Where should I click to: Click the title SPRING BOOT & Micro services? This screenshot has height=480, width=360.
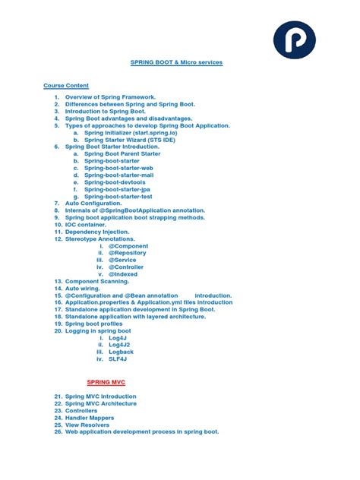(176, 62)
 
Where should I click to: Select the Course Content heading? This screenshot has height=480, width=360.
(66, 86)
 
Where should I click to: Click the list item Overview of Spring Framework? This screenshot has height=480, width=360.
(110, 97)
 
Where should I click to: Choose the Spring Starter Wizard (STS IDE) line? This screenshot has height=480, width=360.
(131, 140)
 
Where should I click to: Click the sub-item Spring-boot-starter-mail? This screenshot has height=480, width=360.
(118, 175)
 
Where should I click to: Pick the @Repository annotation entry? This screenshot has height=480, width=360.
(128, 253)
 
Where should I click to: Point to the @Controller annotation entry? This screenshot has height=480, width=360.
(126, 267)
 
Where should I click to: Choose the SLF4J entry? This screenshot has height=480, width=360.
(118, 359)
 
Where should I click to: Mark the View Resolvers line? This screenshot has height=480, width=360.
(89, 425)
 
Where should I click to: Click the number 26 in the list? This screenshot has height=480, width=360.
(58, 431)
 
